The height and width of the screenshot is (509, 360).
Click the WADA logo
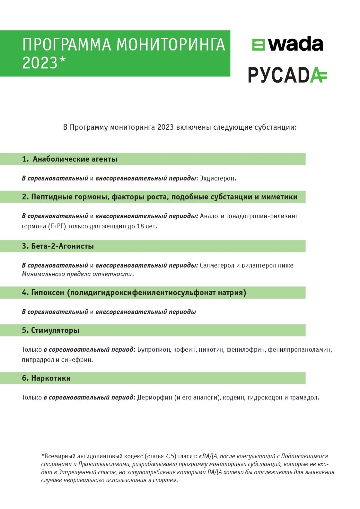pos(287,44)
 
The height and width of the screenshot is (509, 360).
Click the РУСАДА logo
pos(287,75)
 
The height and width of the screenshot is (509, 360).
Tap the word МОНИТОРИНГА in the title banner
pos(170,45)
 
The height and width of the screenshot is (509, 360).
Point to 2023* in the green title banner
pos(44,63)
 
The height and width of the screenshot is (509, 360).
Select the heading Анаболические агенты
pos(75,159)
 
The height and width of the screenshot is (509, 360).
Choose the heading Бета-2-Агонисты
pos(62,246)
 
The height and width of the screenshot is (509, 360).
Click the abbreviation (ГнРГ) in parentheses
pos(57,226)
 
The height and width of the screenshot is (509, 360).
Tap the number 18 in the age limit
pos(140,226)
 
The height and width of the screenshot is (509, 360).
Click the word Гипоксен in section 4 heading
pos(48,293)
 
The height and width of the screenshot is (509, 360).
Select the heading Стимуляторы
pos(55,330)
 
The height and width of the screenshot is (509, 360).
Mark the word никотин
pos(211,350)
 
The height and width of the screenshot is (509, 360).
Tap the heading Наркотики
pos(51,378)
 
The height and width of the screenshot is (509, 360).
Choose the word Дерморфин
pos(154,398)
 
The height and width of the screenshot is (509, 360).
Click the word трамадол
pos(304,398)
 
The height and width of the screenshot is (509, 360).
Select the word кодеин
pos(233,398)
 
